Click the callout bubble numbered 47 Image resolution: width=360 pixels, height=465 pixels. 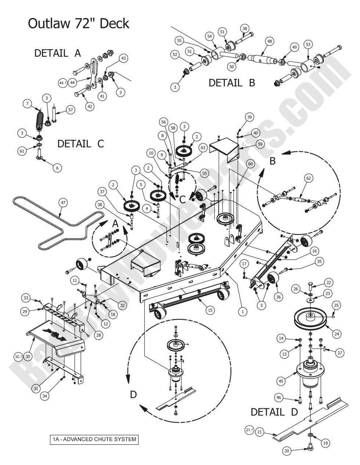coord(64,202)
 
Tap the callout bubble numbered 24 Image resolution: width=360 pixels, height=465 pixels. coord(337,334)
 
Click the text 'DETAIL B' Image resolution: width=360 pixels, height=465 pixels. coord(231,83)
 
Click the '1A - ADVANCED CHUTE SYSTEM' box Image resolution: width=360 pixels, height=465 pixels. coord(94,439)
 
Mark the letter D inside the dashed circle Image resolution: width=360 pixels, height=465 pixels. coord(133,394)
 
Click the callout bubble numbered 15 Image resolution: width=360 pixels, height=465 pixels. coord(210,310)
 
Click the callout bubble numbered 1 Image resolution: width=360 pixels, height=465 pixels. coord(242,312)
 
